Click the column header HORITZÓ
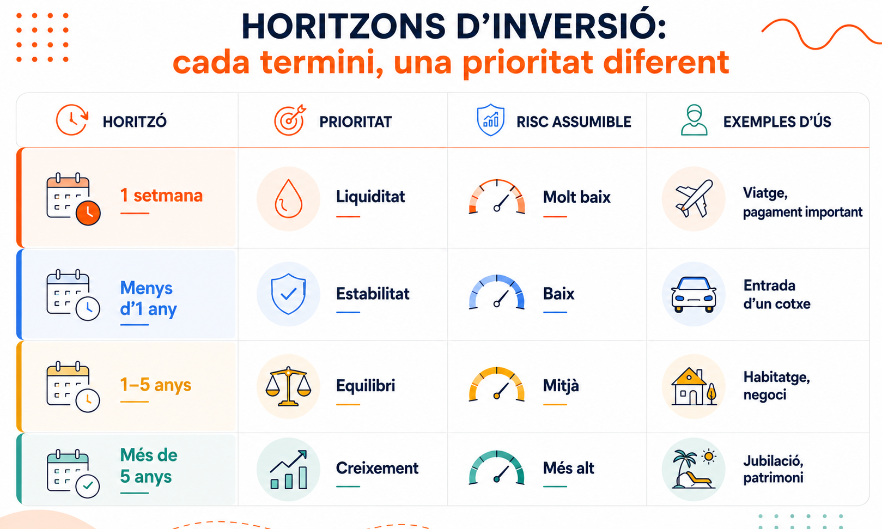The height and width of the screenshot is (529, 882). point(135,121)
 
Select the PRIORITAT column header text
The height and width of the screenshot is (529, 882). point(356,121)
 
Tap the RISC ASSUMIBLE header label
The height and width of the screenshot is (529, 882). point(574,121)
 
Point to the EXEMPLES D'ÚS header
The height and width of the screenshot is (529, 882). point(777,121)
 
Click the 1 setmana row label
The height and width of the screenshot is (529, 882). point(161,196)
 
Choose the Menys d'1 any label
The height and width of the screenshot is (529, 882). point(148,299)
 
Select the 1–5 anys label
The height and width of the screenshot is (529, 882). point(155,385)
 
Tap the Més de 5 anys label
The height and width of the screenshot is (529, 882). point(148,466)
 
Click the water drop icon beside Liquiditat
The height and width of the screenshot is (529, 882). point(288,198)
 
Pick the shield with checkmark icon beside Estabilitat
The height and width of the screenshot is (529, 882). point(288,294)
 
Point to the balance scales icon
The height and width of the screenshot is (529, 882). point(288,386)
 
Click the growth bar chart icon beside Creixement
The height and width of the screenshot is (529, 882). point(288,470)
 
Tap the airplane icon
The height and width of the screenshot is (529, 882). point(694,198)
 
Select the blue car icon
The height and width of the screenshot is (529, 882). point(694,294)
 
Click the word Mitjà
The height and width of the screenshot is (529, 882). point(561,386)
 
